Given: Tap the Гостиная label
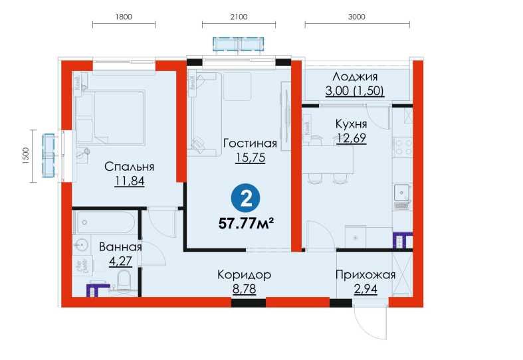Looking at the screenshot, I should pos(249,143).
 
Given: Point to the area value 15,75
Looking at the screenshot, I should pos(249,157).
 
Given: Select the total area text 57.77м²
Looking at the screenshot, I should pos(247,222).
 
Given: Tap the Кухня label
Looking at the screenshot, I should pos(352,124).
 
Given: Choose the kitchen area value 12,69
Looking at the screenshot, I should pos(352,138).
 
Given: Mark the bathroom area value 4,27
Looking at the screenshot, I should pos(120,260).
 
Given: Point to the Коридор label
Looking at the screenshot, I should pos(244,274).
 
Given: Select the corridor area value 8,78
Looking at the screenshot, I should pos(244,288).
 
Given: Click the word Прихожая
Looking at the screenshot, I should pos(366,274).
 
